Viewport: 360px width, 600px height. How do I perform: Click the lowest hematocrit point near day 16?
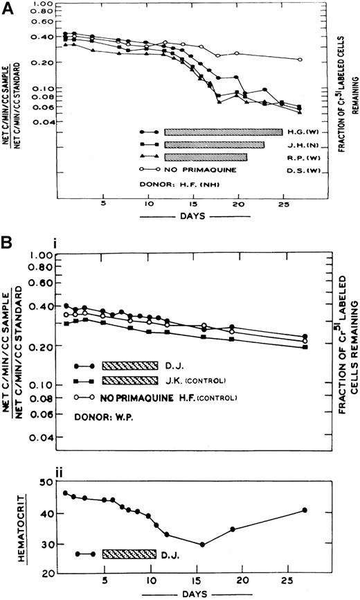point(202,545)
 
